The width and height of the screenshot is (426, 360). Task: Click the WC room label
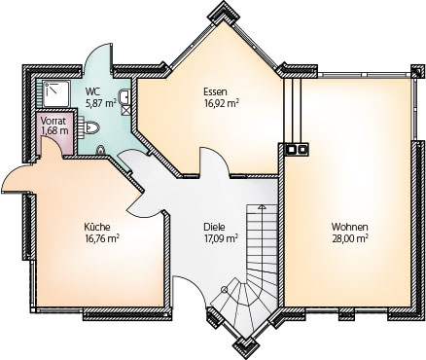90,91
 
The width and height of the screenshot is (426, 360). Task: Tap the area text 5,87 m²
101,103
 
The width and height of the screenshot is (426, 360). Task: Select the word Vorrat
53,121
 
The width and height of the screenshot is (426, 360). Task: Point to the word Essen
215,91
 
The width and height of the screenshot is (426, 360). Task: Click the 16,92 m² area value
222,103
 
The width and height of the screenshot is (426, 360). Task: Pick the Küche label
97,227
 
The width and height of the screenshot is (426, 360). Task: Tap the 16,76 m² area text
102,238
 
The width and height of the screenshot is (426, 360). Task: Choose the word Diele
214,227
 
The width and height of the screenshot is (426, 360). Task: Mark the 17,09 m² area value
222,238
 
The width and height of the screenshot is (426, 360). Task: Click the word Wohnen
349,227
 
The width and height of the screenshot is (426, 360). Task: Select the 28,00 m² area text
350,238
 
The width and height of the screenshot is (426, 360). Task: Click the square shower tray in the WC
56,93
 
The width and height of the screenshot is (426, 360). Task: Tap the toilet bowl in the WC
91,127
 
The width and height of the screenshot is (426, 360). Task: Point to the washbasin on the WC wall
124,97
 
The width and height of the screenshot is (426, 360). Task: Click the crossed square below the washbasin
125,110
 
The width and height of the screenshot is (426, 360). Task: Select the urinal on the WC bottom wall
101,150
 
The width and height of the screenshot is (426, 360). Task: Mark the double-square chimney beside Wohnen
297,149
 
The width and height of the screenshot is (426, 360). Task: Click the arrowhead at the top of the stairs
262,206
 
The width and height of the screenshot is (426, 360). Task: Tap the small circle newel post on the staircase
224,290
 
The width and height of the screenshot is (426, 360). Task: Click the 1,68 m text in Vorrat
54,131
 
